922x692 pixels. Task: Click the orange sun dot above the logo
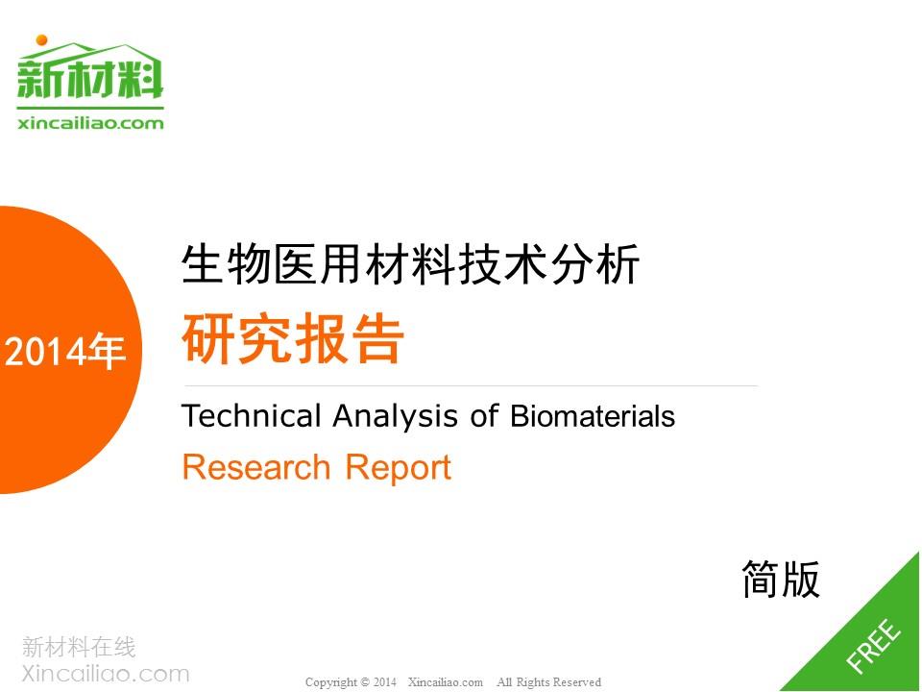pyautogui.click(x=41, y=40)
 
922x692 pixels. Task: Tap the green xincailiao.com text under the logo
pyautogui.click(x=90, y=123)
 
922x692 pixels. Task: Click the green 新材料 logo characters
pyautogui.click(x=90, y=78)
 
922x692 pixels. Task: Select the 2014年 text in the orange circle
pyautogui.click(x=64, y=352)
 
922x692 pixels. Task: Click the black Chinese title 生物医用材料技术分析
pyautogui.click(x=410, y=264)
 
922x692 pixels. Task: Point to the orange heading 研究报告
pyautogui.click(x=293, y=338)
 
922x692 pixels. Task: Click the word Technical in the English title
pyautogui.click(x=252, y=415)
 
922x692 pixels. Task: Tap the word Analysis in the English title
pyautogui.click(x=395, y=416)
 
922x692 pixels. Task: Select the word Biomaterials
pyautogui.click(x=593, y=415)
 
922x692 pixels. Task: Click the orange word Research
pyautogui.click(x=256, y=467)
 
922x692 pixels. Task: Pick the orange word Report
pyautogui.click(x=398, y=469)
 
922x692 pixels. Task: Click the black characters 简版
pyautogui.click(x=781, y=579)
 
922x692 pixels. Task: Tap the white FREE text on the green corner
pyautogui.click(x=873, y=645)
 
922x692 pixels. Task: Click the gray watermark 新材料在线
pyautogui.click(x=79, y=647)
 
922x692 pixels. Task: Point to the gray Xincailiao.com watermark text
pyautogui.click(x=106, y=673)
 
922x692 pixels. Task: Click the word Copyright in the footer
pyautogui.click(x=331, y=682)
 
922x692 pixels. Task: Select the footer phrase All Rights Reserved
pyautogui.click(x=548, y=682)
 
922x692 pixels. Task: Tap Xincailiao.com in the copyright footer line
pyautogui.click(x=445, y=682)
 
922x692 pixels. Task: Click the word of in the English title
pyautogui.click(x=484, y=415)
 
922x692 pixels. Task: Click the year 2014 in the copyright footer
pyautogui.click(x=384, y=682)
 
